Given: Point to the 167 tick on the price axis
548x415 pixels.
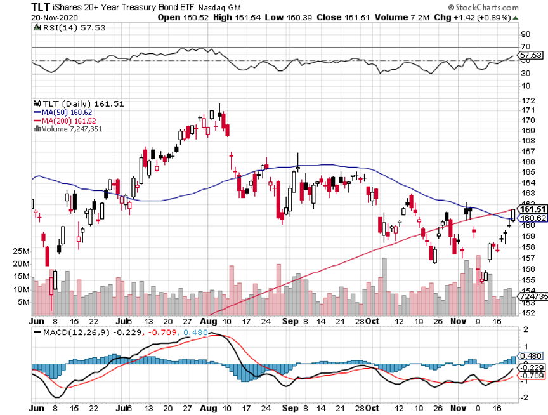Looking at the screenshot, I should tap(525, 152).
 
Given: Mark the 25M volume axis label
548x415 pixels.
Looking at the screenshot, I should tap(22, 251).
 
